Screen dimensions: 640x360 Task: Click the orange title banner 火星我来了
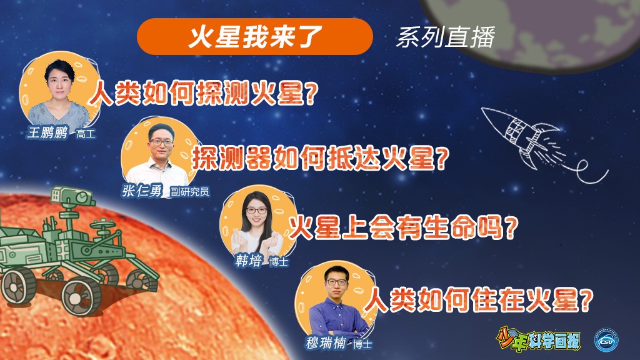tap(255, 36)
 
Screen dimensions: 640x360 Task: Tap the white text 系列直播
tap(445, 37)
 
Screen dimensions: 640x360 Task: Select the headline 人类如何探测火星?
tap(204, 93)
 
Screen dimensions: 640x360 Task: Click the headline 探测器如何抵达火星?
tap(321, 158)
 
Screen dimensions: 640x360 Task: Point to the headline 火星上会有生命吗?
tap(403, 227)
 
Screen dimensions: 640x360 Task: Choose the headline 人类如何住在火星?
tap(478, 299)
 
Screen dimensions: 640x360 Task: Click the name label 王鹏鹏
tap(47, 132)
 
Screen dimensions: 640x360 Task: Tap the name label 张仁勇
tap(142, 191)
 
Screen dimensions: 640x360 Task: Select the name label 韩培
tap(248, 261)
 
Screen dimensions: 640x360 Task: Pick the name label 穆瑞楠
tap(326, 342)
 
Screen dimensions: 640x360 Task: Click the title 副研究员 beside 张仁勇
tap(190, 191)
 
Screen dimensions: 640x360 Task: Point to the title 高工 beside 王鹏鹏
tap(86, 134)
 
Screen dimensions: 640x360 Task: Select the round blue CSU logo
tap(606, 339)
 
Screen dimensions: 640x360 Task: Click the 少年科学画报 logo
tap(538, 339)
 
